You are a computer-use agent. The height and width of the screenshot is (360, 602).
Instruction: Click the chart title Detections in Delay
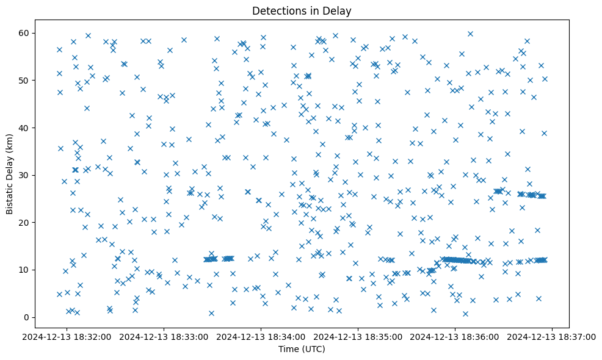[302, 10]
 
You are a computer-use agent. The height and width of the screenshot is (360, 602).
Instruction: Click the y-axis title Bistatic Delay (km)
[10, 175]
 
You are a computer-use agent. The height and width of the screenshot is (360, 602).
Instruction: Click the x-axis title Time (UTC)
[302, 350]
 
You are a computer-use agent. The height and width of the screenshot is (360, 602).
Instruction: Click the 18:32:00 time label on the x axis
[67, 337]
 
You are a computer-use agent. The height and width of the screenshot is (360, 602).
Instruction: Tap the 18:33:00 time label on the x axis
[164, 337]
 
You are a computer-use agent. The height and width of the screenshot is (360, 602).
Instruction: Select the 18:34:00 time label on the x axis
[261, 337]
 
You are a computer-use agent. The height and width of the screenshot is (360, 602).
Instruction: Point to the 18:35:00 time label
[358, 337]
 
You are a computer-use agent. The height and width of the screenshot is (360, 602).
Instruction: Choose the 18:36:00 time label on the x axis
[455, 337]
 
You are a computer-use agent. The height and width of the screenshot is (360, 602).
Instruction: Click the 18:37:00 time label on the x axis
[553, 337]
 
